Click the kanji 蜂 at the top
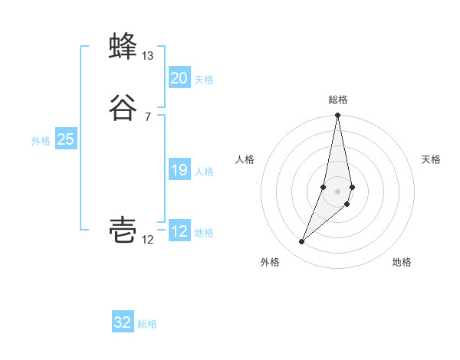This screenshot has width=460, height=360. click(x=123, y=47)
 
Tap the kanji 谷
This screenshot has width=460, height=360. click(x=123, y=108)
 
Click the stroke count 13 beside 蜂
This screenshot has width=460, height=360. click(x=147, y=56)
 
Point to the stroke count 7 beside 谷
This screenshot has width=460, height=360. click(x=147, y=116)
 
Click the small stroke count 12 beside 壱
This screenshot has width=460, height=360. click(x=147, y=240)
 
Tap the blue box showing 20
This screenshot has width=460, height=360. click(x=179, y=78)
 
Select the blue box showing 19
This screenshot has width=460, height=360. click(x=179, y=170)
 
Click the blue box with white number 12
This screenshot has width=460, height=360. click(x=179, y=231)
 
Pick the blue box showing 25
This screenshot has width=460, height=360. click(x=66, y=139)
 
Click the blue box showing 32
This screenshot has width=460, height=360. click(x=123, y=322)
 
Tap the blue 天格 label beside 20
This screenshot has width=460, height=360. click(x=204, y=80)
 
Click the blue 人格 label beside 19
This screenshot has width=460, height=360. click(x=204, y=172)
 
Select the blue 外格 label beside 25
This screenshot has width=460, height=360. click(x=41, y=141)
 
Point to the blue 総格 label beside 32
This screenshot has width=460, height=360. click(x=147, y=324)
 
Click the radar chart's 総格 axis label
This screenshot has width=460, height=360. click(x=338, y=100)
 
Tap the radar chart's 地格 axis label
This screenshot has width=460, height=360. click(x=402, y=263)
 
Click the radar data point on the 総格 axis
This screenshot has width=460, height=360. click(x=337, y=116)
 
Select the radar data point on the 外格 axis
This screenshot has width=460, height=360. click(x=302, y=242)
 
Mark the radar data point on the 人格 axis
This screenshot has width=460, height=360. click(x=324, y=187)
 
